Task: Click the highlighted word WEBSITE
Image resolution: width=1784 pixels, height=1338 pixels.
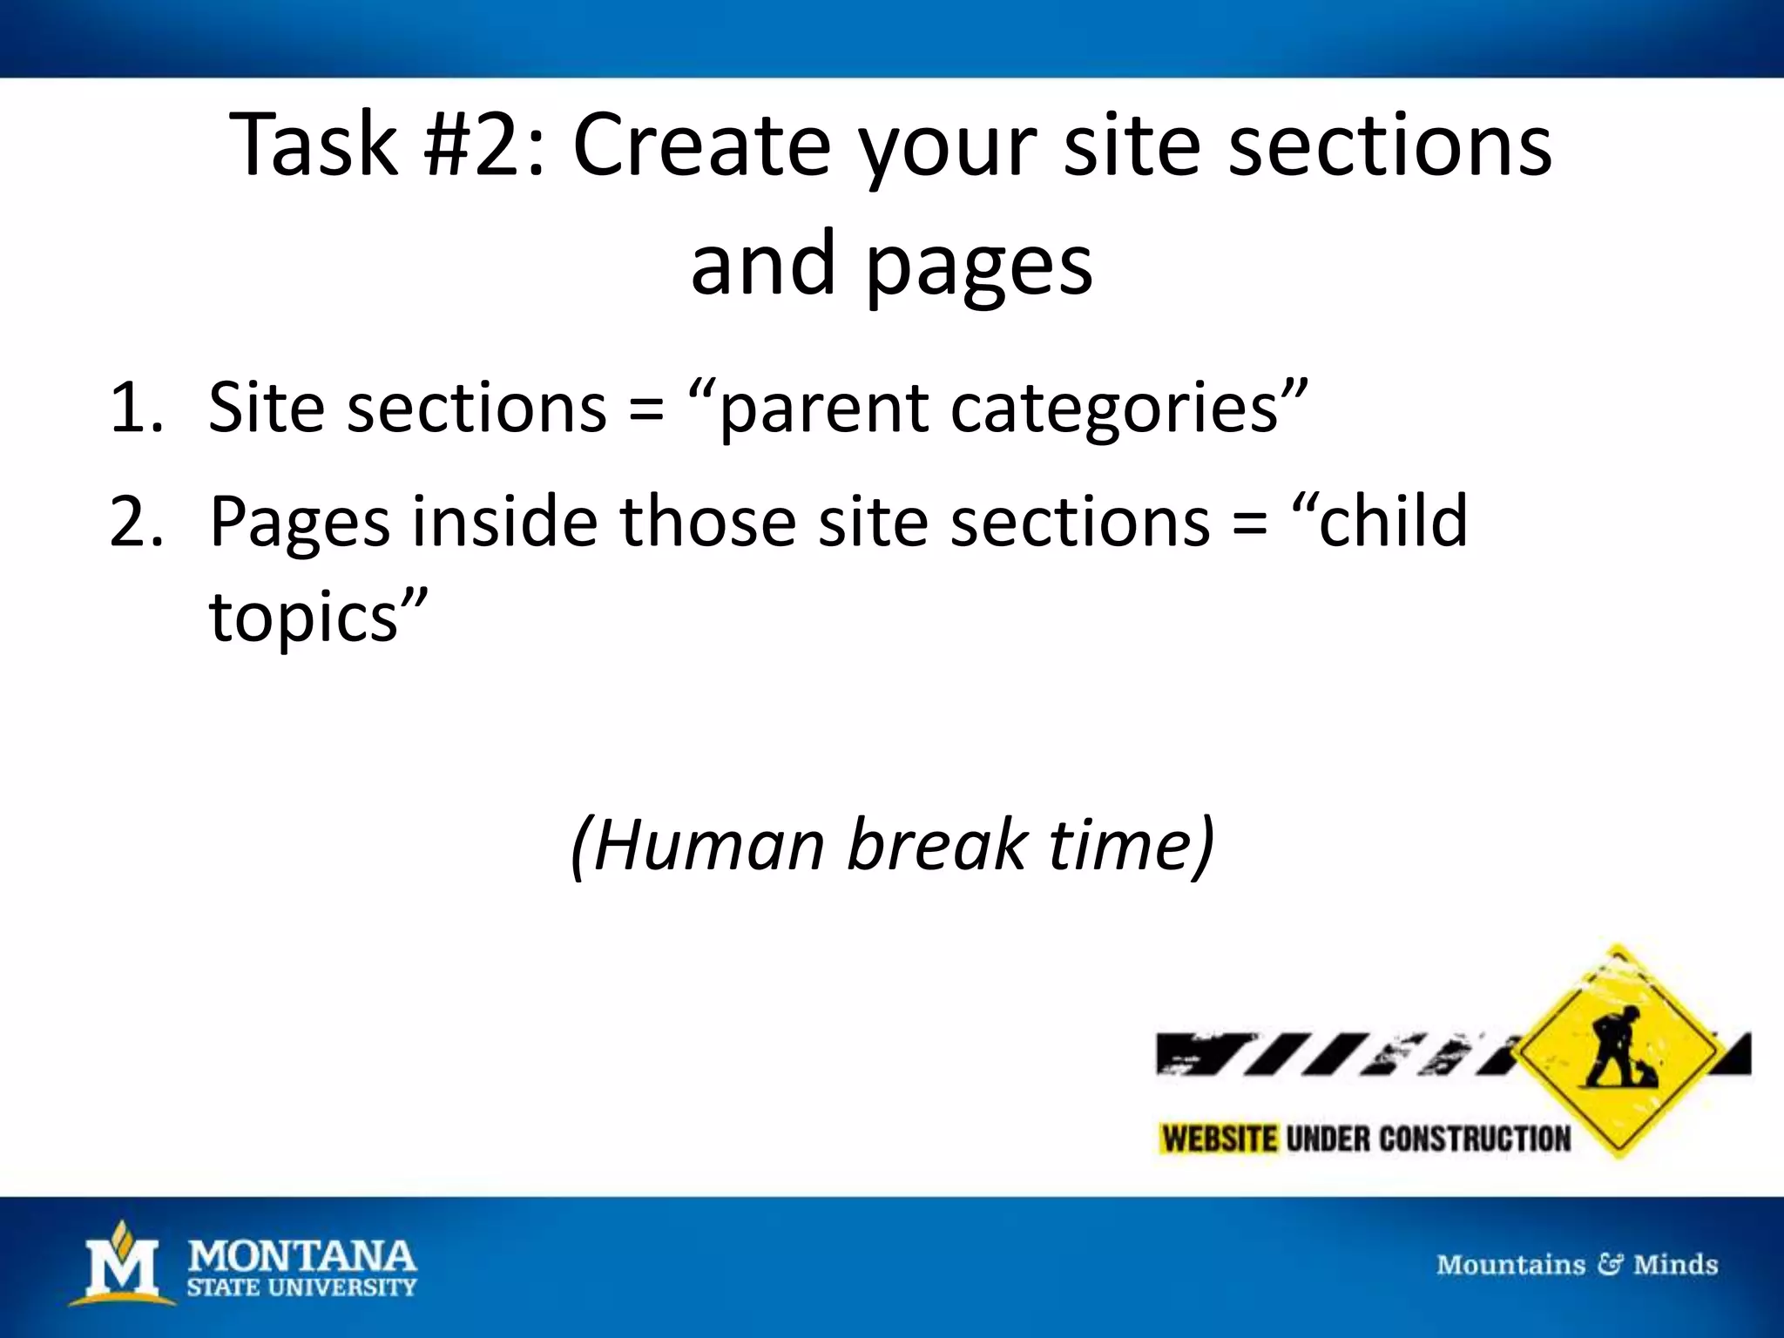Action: point(1220,1139)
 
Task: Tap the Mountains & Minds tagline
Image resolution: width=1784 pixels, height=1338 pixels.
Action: point(1577,1264)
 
